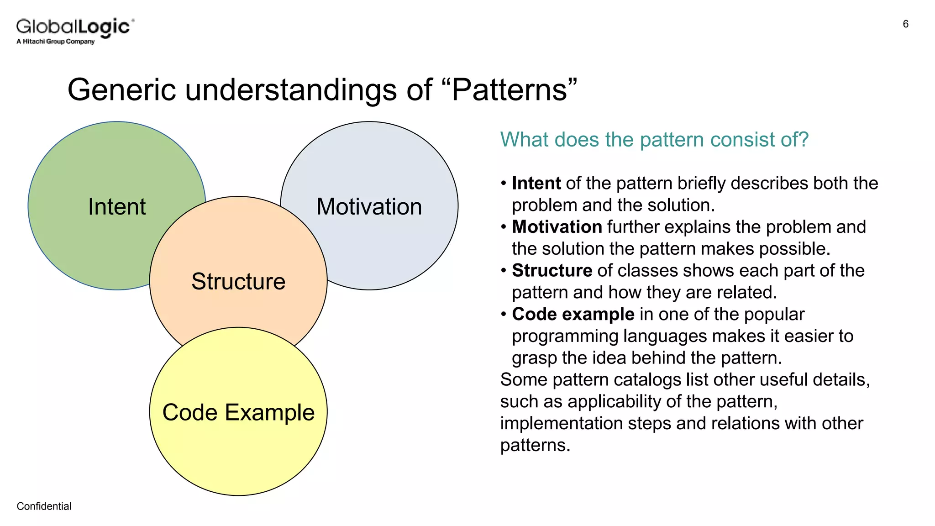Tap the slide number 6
coord(905,24)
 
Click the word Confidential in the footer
coord(44,506)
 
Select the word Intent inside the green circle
coord(117,206)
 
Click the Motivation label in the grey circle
coord(369,206)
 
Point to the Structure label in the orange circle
coord(238,281)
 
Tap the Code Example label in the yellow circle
coord(238,412)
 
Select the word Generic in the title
coord(121,89)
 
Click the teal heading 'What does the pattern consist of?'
coord(654,139)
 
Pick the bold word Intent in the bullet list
coord(536,183)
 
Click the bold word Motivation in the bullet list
coord(557,227)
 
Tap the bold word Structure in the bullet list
coord(552,270)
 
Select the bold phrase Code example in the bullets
coord(573,314)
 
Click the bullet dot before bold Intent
coord(504,184)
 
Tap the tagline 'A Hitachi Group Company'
coord(55,42)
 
